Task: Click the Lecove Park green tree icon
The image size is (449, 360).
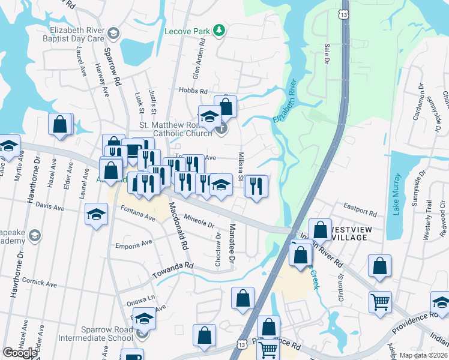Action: (220, 29)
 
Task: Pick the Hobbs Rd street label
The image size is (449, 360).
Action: (192, 91)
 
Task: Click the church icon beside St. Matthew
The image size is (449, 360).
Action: (221, 128)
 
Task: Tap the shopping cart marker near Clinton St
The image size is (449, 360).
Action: (379, 301)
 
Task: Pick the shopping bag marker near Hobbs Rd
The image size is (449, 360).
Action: (226, 106)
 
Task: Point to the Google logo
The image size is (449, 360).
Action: (20, 353)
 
